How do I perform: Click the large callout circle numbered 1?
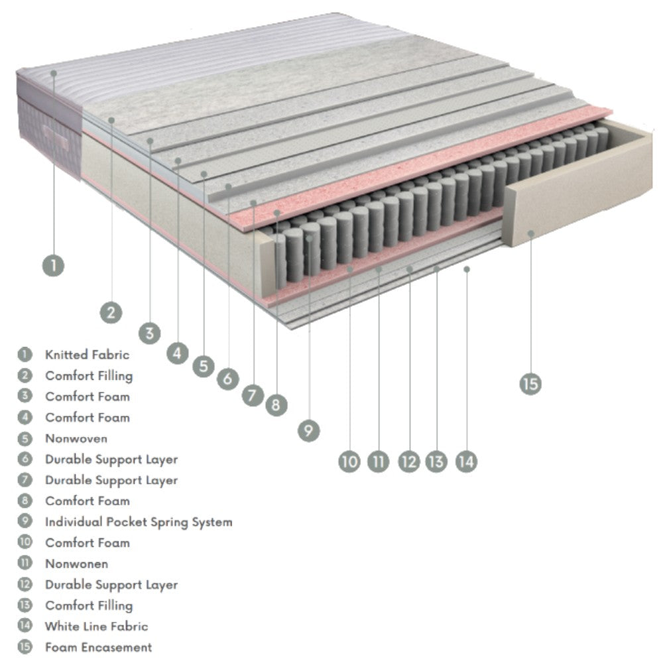point(54,266)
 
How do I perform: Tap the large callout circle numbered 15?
point(530,383)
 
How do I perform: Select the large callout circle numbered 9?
point(308,431)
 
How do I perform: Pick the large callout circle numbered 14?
point(466,461)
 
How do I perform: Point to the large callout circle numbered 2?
point(111,311)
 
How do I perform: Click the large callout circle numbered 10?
point(349,461)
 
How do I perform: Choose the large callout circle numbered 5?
point(204,366)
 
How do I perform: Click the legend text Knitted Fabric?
point(87,355)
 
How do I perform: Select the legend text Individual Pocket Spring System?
point(139,522)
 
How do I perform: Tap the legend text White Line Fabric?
point(96,626)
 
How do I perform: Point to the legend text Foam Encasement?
point(98,647)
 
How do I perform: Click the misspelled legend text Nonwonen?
point(76,564)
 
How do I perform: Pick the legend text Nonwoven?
point(76,438)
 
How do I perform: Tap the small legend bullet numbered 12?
point(25,585)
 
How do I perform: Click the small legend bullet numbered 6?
point(25,459)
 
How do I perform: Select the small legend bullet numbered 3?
point(25,396)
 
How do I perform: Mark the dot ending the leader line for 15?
point(531,233)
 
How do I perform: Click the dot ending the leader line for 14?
point(467,269)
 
